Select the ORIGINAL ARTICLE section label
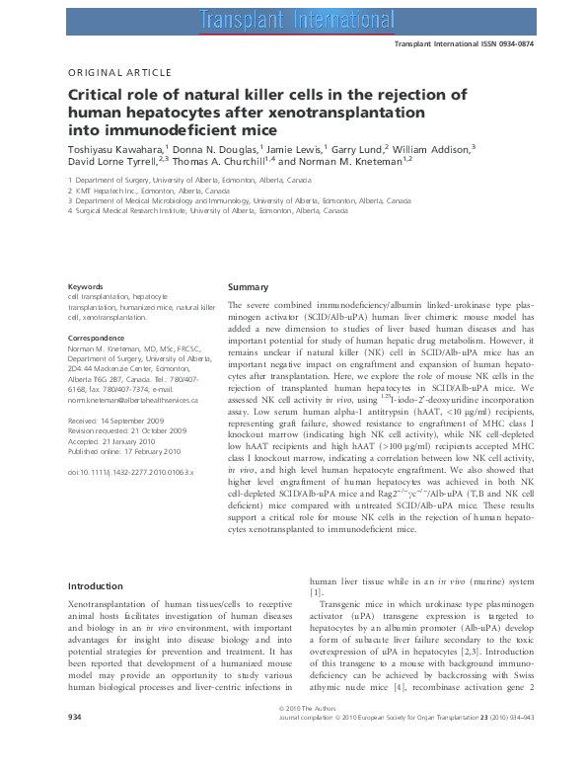[118, 72]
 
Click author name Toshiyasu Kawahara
[116, 148]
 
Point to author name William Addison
[429, 148]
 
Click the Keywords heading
[86, 286]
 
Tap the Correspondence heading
[96, 338]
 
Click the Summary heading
[248, 286]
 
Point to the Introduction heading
[96, 586]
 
